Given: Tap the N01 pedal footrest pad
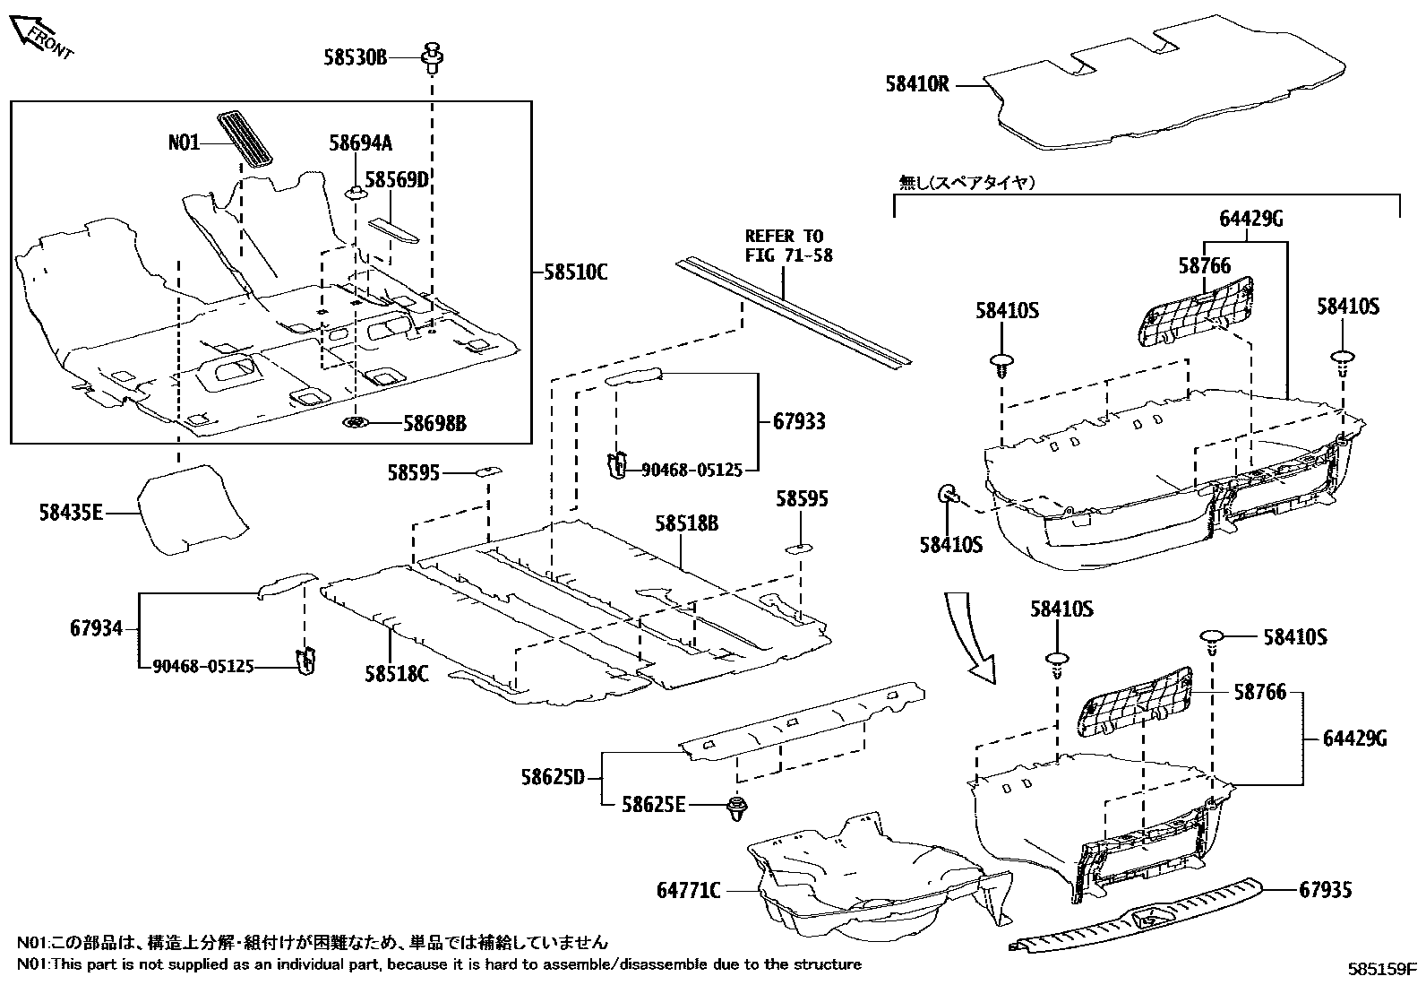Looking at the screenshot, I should (x=246, y=138).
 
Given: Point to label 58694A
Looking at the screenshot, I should (x=360, y=143).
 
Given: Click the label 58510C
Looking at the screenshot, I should (x=575, y=272).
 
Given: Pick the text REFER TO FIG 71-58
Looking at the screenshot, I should (x=788, y=246).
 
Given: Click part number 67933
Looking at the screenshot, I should (x=799, y=420).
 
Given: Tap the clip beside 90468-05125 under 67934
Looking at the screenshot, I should (x=307, y=660).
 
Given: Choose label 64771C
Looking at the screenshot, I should (x=689, y=891).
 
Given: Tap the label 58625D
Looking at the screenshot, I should (x=552, y=776).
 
